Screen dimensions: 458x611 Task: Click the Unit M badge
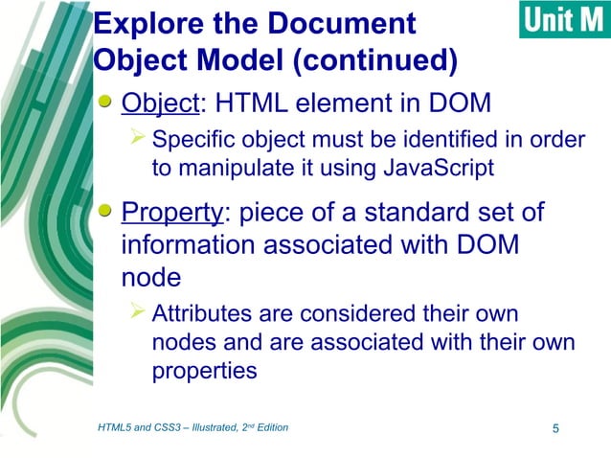coord(563,20)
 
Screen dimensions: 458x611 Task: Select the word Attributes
coord(208,313)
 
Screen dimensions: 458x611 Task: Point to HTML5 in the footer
coord(117,427)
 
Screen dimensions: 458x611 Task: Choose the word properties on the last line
coord(204,371)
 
